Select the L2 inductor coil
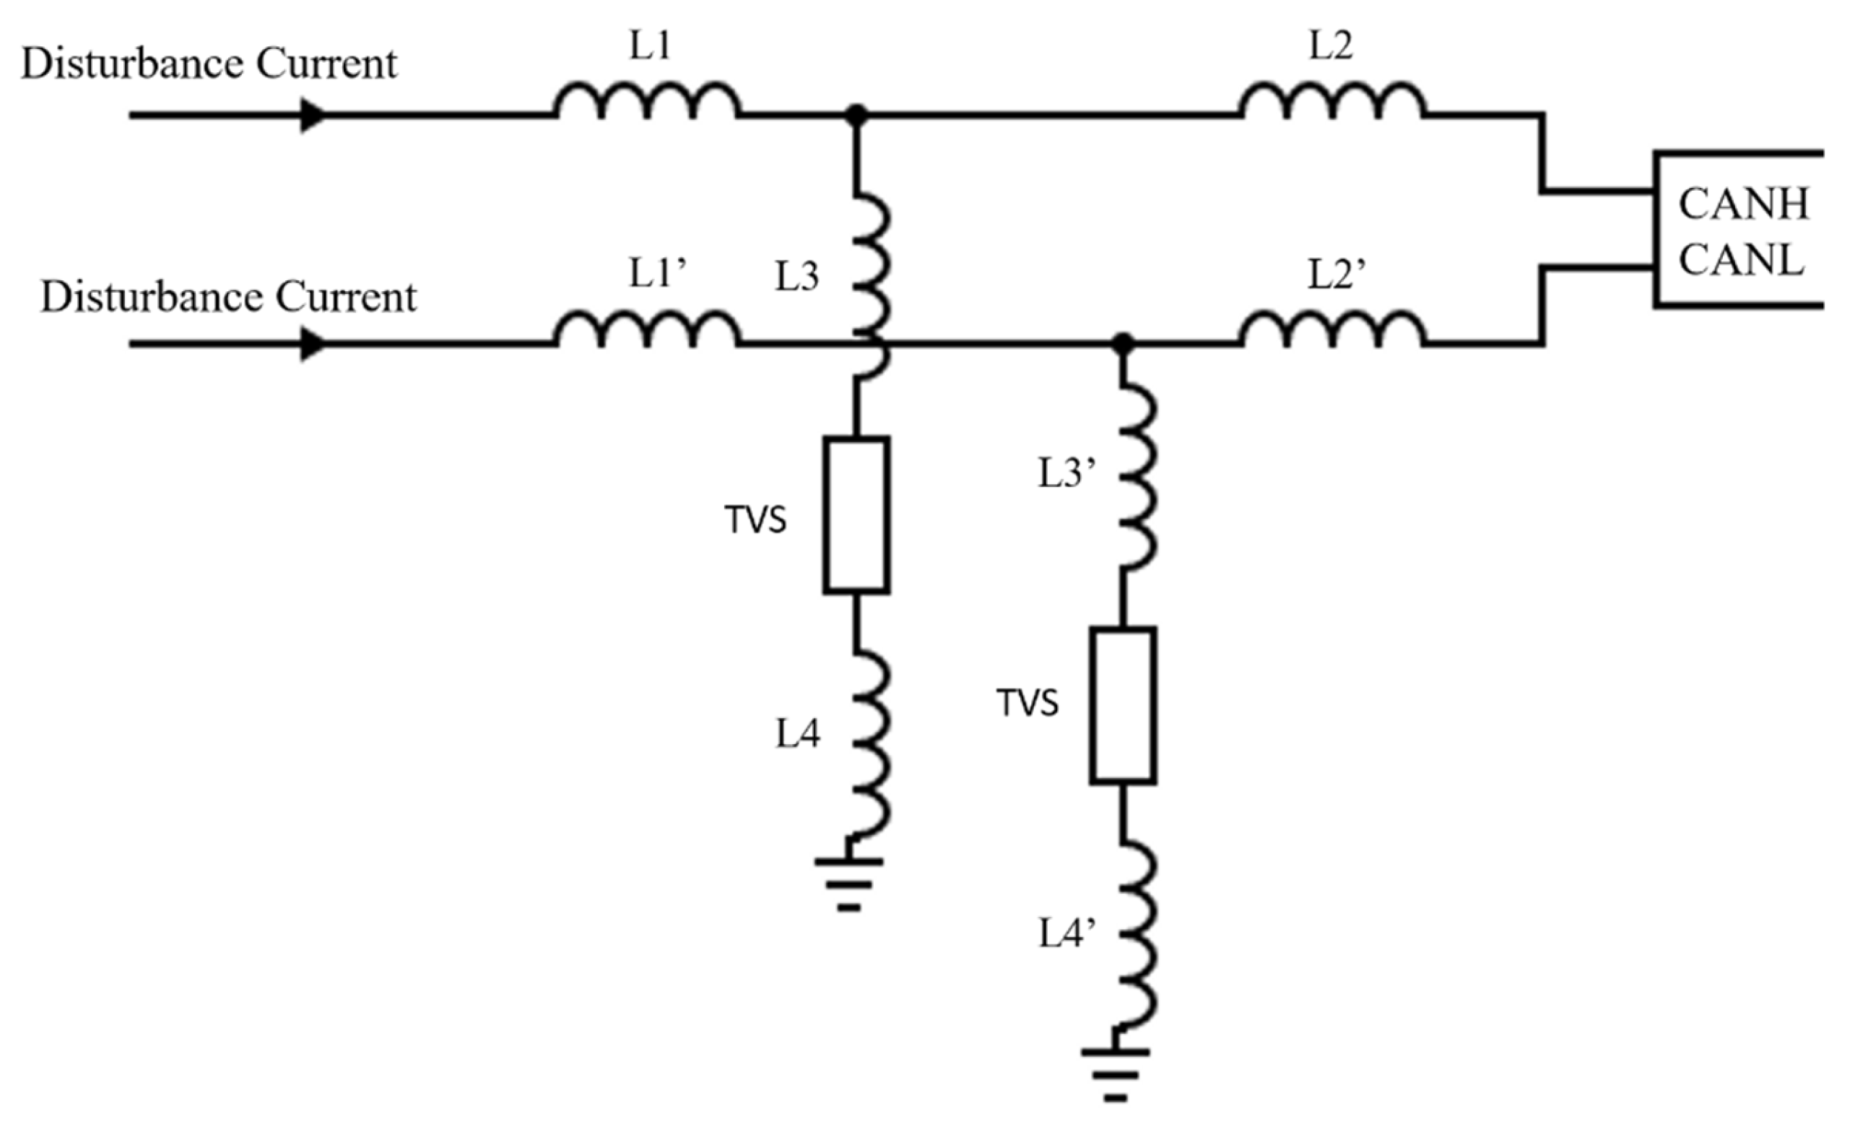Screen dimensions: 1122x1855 pyautogui.click(x=1331, y=102)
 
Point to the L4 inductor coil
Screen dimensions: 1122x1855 pyautogui.click(x=872, y=746)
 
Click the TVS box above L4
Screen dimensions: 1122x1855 pyautogui.click(x=856, y=515)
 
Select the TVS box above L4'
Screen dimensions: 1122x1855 pyautogui.click(x=1123, y=706)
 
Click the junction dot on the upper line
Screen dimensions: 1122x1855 pyautogui.click(x=856, y=115)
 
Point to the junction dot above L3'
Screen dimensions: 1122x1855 pyautogui.click(x=1123, y=343)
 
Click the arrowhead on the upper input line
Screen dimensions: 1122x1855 pyautogui.click(x=313, y=115)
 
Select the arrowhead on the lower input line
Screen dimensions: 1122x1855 pyautogui.click(x=313, y=344)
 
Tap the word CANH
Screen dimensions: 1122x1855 pyautogui.click(x=1744, y=204)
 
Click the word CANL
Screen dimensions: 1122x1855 pyautogui.click(x=1741, y=261)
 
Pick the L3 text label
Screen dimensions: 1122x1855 pyautogui.click(x=797, y=277)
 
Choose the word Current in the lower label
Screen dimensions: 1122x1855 pyautogui.click(x=346, y=298)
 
